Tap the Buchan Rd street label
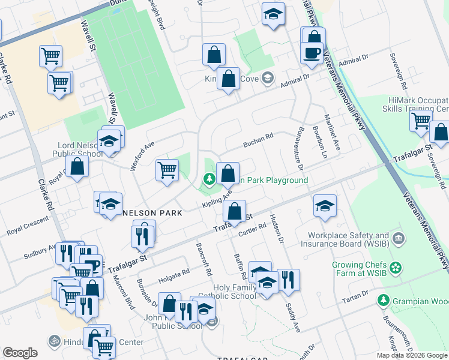(258, 141)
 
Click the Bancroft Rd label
(203, 259)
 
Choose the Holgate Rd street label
(173, 276)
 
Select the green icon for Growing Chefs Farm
(396, 267)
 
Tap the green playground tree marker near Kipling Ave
(209, 179)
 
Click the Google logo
(20, 353)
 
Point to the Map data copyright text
(411, 355)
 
